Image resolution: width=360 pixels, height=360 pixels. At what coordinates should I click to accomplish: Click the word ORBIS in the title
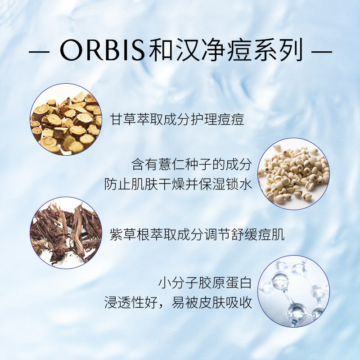(x=103, y=50)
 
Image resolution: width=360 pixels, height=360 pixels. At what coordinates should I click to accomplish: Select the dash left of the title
(x=39, y=52)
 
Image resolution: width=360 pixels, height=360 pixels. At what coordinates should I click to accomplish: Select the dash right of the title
(x=322, y=52)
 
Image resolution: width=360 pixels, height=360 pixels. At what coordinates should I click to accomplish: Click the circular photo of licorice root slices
(x=66, y=119)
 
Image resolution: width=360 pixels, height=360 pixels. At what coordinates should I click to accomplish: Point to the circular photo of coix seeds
(x=294, y=174)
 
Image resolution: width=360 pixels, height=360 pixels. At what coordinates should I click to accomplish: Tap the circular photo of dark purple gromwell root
(x=66, y=233)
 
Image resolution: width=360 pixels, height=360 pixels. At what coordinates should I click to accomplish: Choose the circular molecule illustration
(x=294, y=291)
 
